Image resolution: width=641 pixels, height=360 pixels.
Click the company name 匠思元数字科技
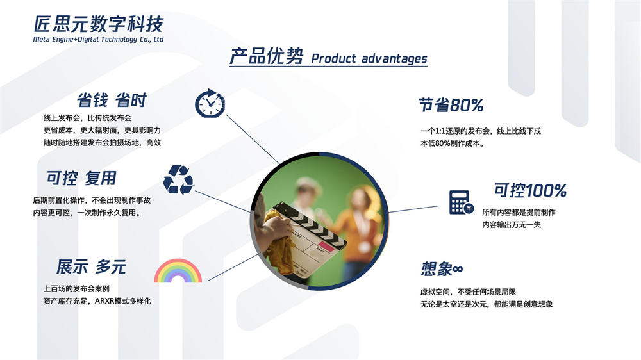tap(99, 24)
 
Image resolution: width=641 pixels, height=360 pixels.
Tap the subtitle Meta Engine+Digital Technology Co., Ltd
tap(98, 39)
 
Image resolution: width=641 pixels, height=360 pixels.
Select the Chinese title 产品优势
tap(267, 56)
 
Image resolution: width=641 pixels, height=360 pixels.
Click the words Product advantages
tap(369, 58)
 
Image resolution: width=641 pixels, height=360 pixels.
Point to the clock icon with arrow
tap(210, 103)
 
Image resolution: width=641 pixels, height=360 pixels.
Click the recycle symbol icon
tap(178, 179)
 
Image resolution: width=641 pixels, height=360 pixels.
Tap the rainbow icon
tap(178, 270)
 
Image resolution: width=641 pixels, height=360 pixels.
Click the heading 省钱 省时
tap(112, 100)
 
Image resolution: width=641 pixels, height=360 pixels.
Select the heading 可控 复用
tap(81, 178)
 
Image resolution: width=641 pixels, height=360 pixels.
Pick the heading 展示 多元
tap(91, 267)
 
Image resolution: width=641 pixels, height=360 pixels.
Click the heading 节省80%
tap(451, 105)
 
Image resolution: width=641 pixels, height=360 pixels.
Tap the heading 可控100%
tap(530, 190)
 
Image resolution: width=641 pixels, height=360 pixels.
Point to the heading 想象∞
tap(442, 269)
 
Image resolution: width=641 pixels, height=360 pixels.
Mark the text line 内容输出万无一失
tap(512, 225)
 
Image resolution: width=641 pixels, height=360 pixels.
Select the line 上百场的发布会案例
tap(76, 289)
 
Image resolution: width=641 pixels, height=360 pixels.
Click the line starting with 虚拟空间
tap(468, 291)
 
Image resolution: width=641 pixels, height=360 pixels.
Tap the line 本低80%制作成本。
tap(452, 143)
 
